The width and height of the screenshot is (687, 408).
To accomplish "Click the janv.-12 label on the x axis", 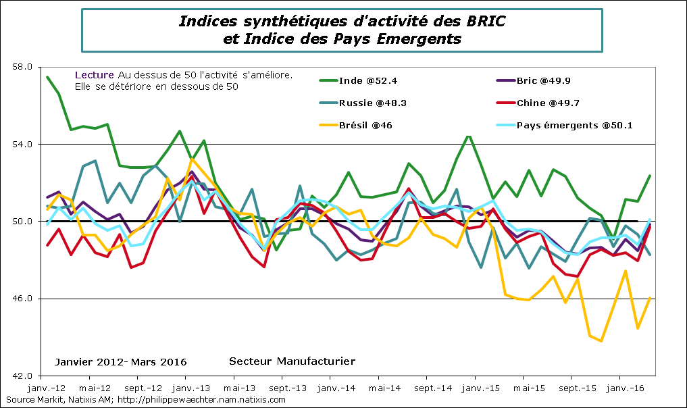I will tap(47, 389).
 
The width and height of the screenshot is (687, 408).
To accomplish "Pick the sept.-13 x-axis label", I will tap(288, 389).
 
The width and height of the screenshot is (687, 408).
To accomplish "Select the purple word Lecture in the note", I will tap(94, 75).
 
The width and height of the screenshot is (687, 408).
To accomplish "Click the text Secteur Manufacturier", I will tap(292, 361).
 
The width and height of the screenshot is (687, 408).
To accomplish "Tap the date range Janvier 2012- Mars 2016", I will tap(121, 362).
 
